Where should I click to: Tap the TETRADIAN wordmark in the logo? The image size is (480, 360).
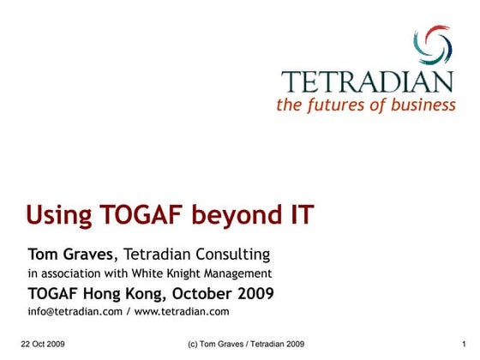[x=368, y=83]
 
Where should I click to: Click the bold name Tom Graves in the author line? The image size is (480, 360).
[x=69, y=255]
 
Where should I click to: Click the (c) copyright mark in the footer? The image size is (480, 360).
[x=194, y=344]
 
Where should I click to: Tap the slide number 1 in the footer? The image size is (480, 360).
[x=463, y=344]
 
